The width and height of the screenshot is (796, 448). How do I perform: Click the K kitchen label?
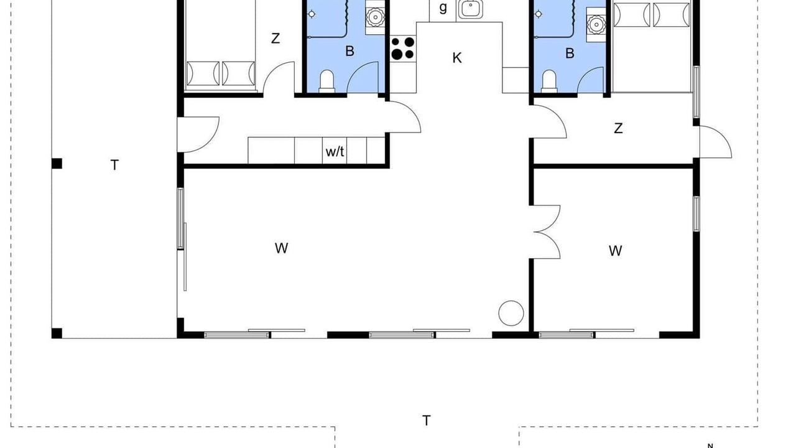click(457, 58)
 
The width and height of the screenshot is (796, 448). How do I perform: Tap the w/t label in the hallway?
click(335, 152)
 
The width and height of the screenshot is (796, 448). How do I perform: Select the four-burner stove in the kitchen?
click(403, 49)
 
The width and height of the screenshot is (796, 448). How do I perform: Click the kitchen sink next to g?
click(471, 9)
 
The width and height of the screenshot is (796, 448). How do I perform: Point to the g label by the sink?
click(443, 8)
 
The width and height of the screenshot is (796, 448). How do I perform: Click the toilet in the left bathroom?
click(327, 82)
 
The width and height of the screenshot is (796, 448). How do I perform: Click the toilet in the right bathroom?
click(549, 82)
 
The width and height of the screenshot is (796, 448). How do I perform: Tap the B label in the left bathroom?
click(349, 51)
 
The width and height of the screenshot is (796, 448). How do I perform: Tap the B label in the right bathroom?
click(570, 54)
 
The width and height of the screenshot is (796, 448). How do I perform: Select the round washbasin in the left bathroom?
click(374, 17)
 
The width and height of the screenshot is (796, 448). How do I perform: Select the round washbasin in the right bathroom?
click(596, 24)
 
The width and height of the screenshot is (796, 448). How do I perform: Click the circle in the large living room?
click(511, 313)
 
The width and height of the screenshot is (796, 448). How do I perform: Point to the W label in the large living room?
click(281, 248)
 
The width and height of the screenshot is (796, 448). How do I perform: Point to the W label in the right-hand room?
click(615, 251)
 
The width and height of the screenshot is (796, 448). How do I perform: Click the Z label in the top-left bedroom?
click(275, 39)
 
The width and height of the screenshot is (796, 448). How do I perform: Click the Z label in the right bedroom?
click(618, 128)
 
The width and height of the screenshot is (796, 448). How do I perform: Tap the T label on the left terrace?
click(114, 166)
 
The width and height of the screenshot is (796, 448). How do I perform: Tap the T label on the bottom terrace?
click(426, 421)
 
